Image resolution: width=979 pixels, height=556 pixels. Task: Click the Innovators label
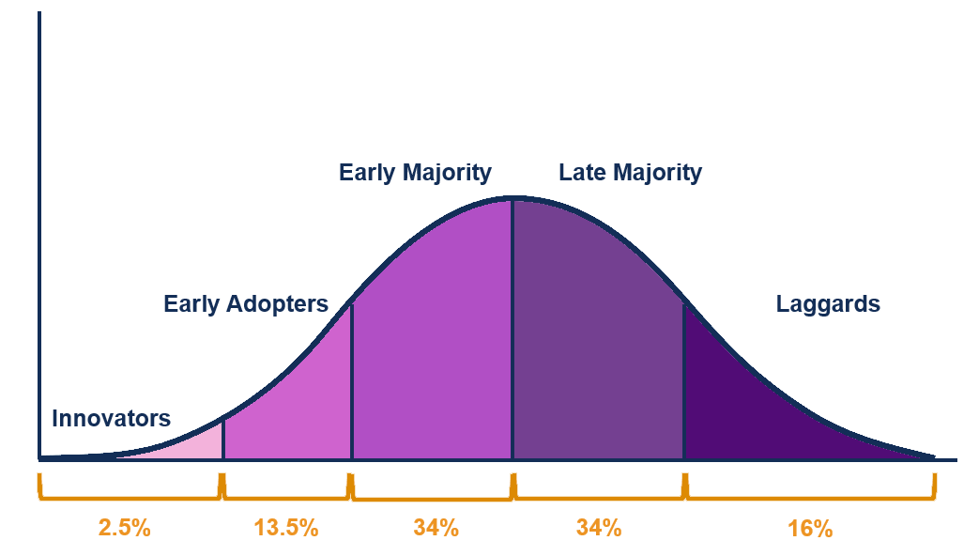[111, 418]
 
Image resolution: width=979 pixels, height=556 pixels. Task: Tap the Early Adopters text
[246, 303]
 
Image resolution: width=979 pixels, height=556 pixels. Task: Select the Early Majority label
[415, 173]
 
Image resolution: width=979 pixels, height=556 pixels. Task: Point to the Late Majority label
[630, 173]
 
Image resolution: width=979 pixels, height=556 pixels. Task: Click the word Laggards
[828, 303]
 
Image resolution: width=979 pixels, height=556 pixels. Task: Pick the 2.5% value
[124, 527]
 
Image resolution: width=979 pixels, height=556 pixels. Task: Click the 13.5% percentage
[286, 527]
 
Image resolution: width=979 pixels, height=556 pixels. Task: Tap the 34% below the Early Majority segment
[436, 527]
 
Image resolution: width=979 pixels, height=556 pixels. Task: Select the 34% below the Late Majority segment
[599, 527]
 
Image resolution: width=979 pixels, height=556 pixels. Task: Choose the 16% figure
[810, 528]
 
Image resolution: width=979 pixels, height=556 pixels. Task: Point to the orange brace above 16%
[810, 493]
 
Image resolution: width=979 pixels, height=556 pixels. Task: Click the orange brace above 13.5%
[286, 492]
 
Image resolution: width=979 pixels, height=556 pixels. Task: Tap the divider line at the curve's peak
[512, 329]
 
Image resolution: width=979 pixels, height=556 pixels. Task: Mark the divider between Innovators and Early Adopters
[223, 439]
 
